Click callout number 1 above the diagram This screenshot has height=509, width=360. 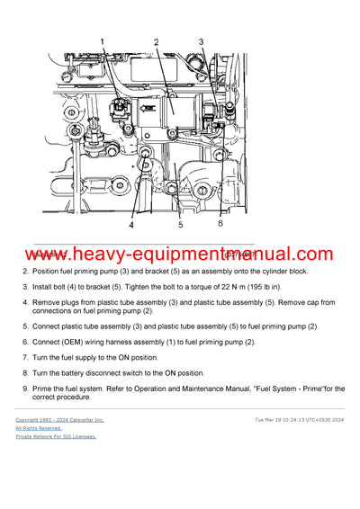102,40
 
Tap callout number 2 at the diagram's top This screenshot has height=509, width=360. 156,42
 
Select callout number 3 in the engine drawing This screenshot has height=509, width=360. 202,40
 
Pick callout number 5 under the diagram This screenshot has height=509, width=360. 180,225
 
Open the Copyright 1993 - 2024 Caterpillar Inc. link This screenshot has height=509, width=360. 59,419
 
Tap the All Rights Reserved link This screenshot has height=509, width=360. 39,428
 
